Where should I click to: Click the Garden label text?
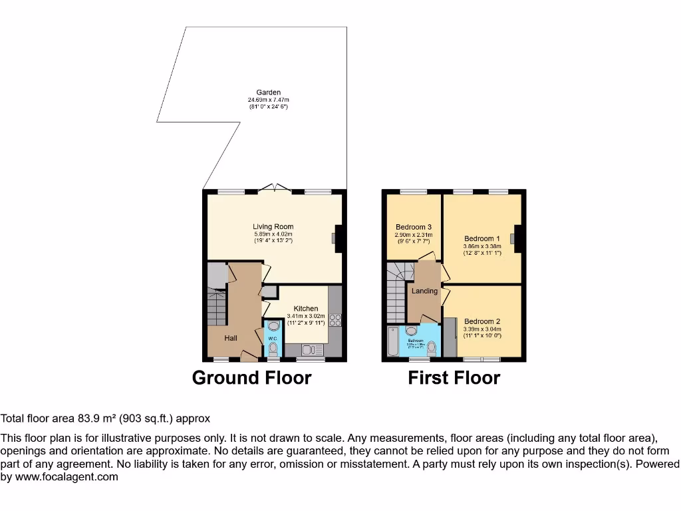(x=269, y=92)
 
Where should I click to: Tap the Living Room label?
(x=273, y=227)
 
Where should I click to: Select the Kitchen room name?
(x=305, y=309)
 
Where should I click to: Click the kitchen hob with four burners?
(x=335, y=319)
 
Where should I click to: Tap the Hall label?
(x=231, y=338)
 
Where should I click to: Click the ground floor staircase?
(x=217, y=307)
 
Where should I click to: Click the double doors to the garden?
(x=273, y=189)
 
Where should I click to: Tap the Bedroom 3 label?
(x=414, y=227)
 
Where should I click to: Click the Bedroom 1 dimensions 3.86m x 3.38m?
(x=482, y=246)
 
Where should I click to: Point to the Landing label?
(x=424, y=291)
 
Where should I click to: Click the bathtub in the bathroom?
(x=392, y=343)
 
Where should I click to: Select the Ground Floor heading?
(x=251, y=378)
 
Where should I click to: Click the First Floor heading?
(x=454, y=378)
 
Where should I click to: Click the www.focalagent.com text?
(x=67, y=476)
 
